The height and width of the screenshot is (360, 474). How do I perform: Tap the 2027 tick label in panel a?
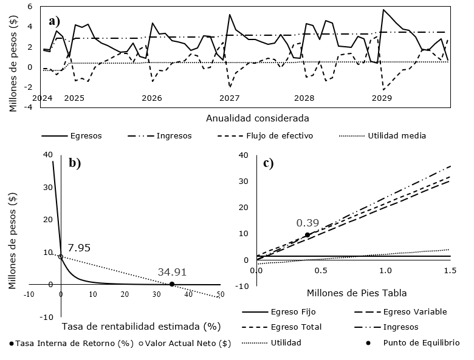pyautogui.click(x=229, y=98)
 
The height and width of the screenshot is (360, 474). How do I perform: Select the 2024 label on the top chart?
pyautogui.click(x=43, y=98)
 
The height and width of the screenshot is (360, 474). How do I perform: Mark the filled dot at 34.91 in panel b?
pyautogui.click(x=172, y=284)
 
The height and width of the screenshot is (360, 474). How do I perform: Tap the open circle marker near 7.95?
pyautogui.click(x=61, y=256)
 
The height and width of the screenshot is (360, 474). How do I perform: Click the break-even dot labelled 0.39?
pyautogui.click(x=307, y=235)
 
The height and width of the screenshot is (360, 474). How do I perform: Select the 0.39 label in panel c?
pyautogui.click(x=307, y=223)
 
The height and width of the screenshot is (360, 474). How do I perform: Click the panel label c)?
pyautogui.click(x=268, y=163)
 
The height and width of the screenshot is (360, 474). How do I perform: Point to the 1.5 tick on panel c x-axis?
pyautogui.click(x=450, y=270)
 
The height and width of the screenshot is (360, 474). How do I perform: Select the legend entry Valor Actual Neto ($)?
pyautogui.click(x=188, y=343)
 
